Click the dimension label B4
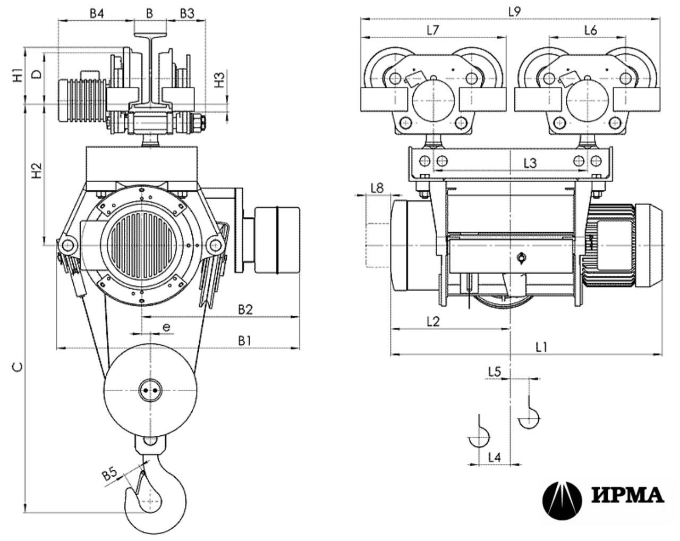tap(97, 14)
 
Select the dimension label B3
tap(187, 14)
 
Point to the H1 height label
tap(18, 75)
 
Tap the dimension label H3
tap(219, 80)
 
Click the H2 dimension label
tap(37, 171)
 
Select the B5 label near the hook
tap(109, 474)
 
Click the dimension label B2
tap(245, 310)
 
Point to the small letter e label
tap(166, 327)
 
